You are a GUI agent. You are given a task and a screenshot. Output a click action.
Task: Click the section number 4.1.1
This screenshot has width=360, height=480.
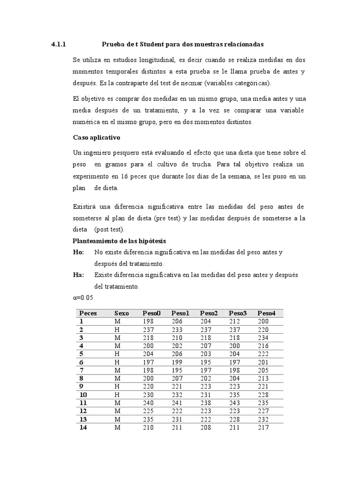[x=59, y=45]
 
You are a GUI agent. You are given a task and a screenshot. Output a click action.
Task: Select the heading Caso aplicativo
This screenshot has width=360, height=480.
[x=97, y=138]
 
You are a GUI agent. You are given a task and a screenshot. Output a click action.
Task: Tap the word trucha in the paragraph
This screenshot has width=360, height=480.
[x=201, y=165]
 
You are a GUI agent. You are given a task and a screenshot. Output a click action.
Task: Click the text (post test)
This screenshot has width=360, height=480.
[x=109, y=230]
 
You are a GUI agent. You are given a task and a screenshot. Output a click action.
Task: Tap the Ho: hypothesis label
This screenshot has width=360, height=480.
[x=79, y=252]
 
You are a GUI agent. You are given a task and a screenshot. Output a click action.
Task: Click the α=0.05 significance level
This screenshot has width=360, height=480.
[x=85, y=298]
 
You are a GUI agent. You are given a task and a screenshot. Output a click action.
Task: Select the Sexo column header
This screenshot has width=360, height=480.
[x=121, y=313]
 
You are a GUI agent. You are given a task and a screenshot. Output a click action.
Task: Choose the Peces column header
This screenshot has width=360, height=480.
[x=88, y=313]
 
